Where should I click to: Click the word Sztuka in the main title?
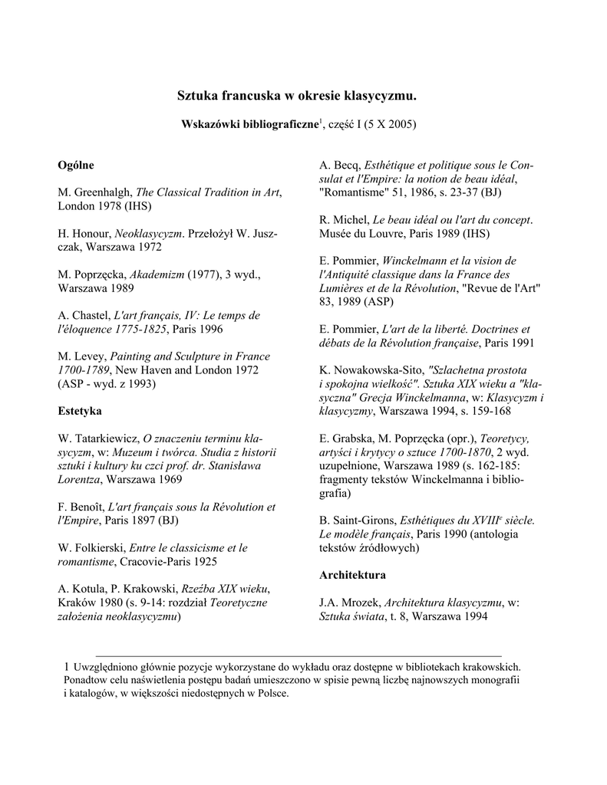coord(198,97)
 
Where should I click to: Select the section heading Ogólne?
coord(77,165)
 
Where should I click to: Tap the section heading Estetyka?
coord(80,411)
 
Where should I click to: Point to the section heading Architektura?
coord(352,574)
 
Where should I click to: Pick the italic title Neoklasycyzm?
coord(147,233)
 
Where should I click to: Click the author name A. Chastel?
coord(83,316)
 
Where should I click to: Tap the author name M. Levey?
coord(82,356)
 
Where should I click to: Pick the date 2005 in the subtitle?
coord(401,124)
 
